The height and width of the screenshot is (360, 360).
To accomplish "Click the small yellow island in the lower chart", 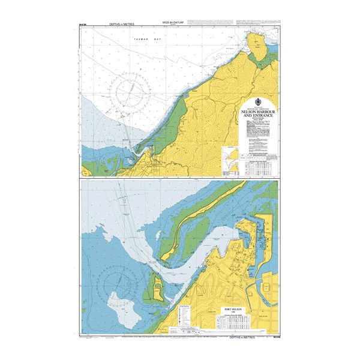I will [x=156, y=289].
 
